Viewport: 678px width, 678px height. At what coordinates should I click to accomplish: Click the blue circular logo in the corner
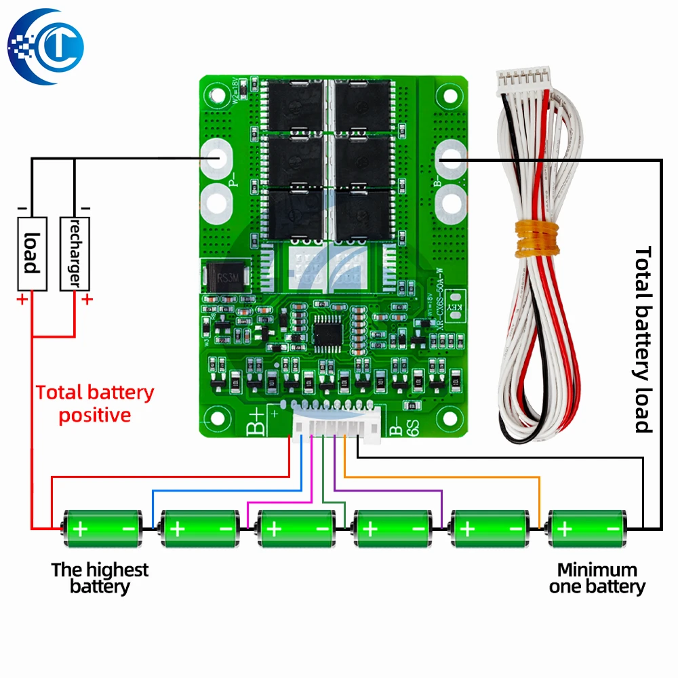[x=46, y=45]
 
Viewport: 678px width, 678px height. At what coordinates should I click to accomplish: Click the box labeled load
[x=31, y=254]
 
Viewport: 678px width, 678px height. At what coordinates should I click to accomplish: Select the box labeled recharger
[x=75, y=254]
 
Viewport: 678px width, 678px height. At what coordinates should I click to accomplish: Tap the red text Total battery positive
[x=95, y=403]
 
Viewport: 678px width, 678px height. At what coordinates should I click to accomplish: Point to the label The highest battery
[x=100, y=578]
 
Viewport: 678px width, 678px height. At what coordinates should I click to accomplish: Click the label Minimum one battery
[x=597, y=578]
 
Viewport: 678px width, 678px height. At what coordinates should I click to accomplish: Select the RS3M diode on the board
[x=224, y=278]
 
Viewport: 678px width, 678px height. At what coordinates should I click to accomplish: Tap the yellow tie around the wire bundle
[x=535, y=239]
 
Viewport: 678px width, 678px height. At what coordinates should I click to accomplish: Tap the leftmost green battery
[x=102, y=527]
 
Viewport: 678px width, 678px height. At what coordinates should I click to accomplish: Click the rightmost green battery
[x=587, y=527]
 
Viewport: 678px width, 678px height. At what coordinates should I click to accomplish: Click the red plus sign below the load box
[x=22, y=299]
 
